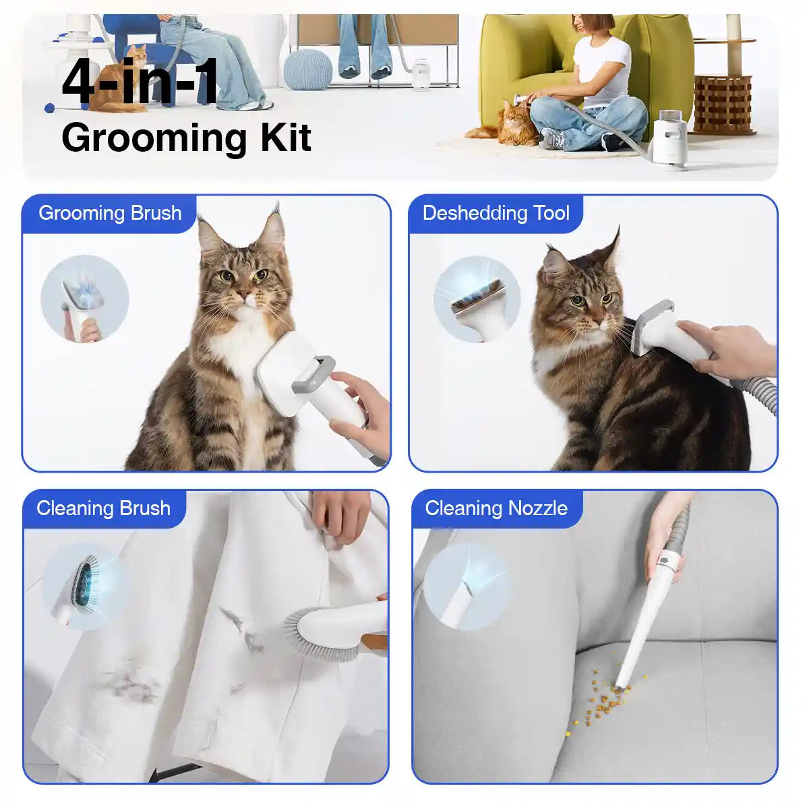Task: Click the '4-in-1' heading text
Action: pos(140,83)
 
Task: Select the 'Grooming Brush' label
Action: pos(110,213)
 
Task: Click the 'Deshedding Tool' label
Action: pos(496,213)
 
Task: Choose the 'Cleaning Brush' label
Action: pos(103,508)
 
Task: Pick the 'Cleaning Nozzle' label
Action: pos(496,508)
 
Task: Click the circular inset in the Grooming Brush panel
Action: pos(84,299)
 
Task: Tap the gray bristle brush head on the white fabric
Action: pos(322,633)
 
